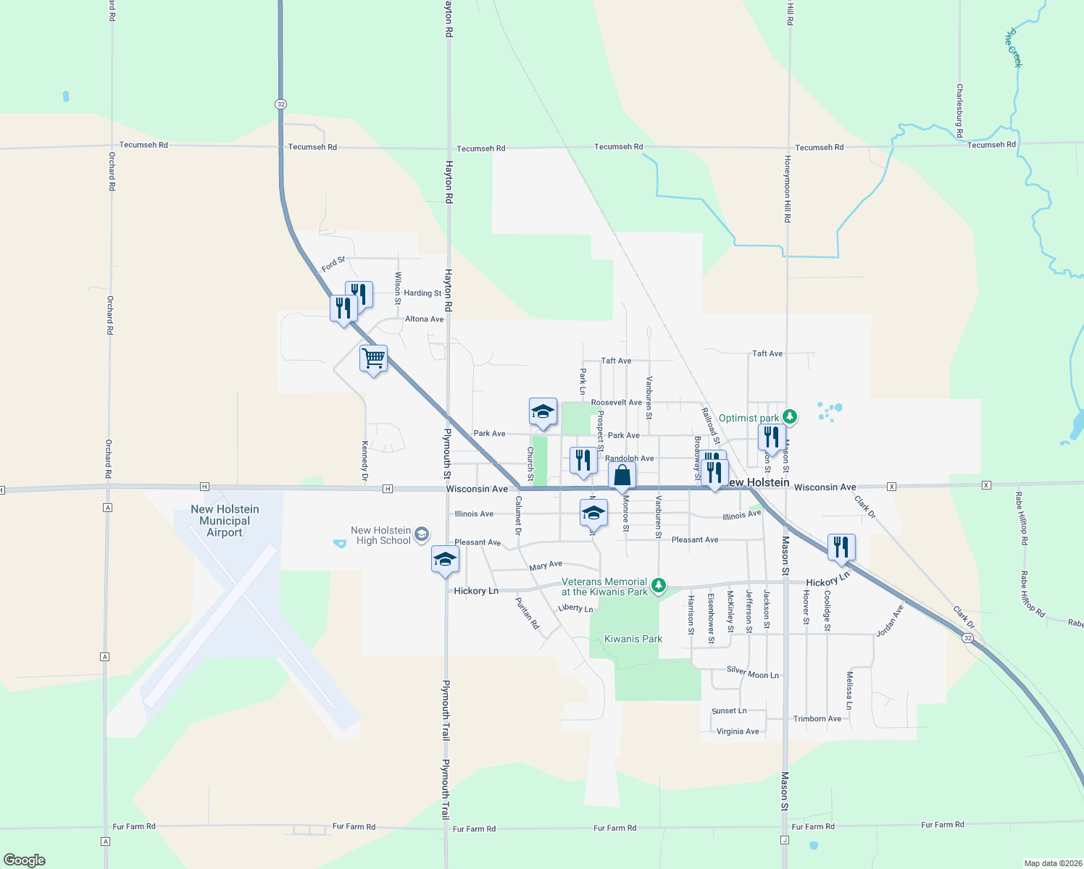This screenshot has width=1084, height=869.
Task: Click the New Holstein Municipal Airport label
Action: point(225,521)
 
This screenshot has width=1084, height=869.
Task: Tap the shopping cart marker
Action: point(373,358)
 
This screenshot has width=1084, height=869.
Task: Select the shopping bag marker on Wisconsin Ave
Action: point(622,476)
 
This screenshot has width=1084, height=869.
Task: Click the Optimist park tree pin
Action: point(790,417)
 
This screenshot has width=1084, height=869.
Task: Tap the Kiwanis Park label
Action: point(633,639)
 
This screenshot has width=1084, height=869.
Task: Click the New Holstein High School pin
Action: point(422,535)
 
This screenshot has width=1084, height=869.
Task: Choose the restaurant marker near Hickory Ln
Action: point(841,547)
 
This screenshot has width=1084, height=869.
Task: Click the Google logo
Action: point(25,860)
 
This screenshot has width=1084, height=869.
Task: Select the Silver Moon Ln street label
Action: point(753,673)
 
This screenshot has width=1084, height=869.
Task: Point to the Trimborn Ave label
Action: point(817,719)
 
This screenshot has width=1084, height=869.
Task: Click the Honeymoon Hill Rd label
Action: point(788,188)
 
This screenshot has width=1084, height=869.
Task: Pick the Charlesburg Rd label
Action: point(959,111)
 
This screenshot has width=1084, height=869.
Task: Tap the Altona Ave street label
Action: point(425,319)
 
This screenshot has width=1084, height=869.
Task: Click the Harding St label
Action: point(422,293)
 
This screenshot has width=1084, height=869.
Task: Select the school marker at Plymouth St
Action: point(445,560)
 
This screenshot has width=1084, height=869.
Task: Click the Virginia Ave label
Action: point(738,731)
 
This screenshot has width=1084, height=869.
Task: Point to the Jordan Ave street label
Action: point(890,621)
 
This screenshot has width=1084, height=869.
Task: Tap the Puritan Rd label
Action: point(528,613)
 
